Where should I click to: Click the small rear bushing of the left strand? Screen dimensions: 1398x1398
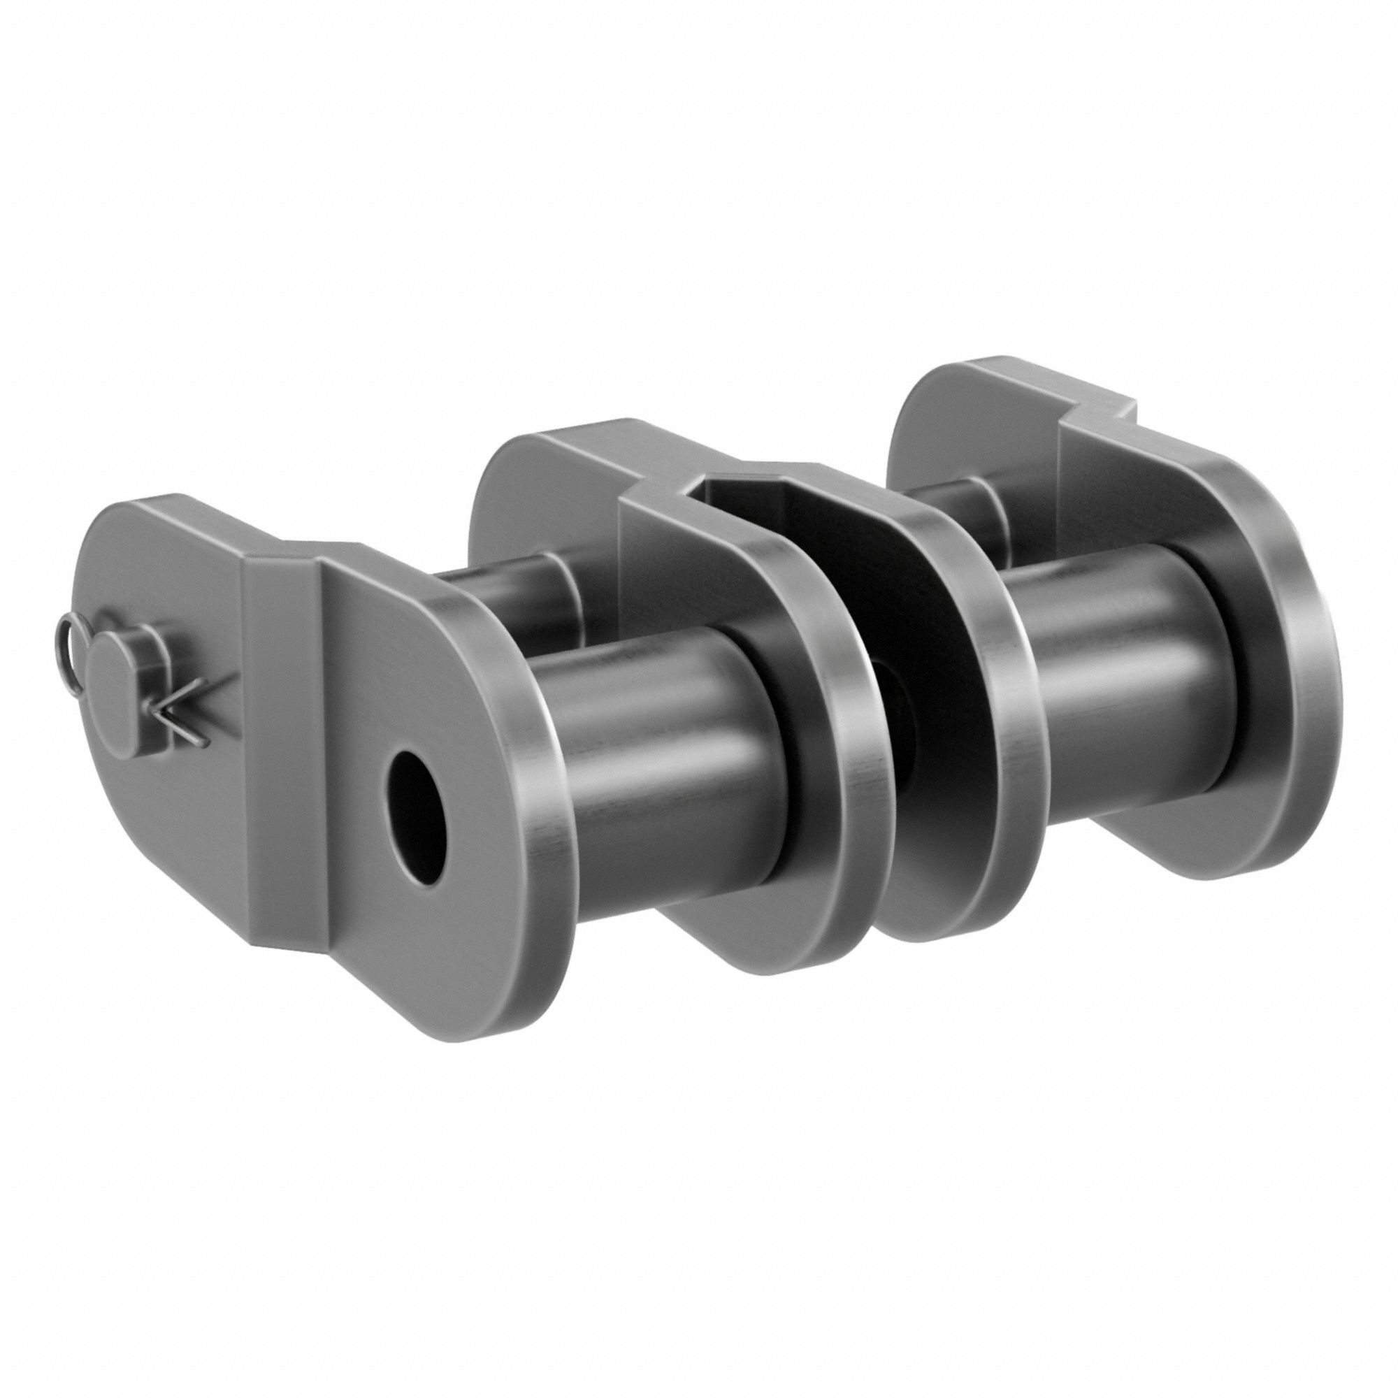507,593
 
